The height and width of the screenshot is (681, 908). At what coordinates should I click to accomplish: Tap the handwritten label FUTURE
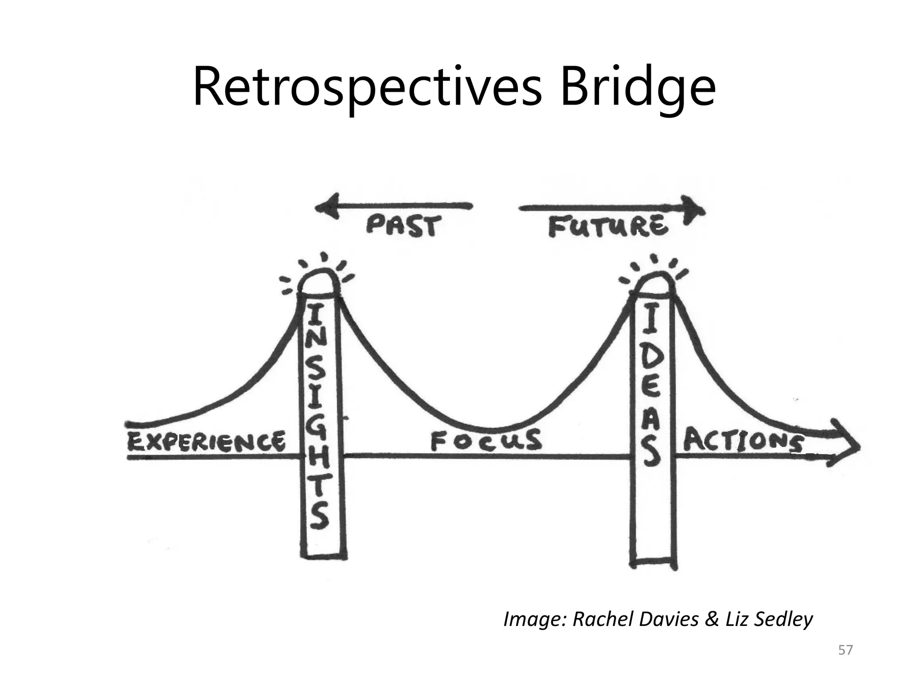pyautogui.click(x=608, y=226)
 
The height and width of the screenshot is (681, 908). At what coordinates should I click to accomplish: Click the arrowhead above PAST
pyautogui.click(x=327, y=207)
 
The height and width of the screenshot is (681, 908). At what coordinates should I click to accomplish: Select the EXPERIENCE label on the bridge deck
pyautogui.click(x=207, y=442)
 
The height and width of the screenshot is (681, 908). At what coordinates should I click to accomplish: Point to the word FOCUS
pyautogui.click(x=486, y=441)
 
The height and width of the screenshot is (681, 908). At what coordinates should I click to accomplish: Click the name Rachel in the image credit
pyautogui.click(x=605, y=619)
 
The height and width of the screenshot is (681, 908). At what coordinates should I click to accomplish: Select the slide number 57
pyautogui.click(x=845, y=650)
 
